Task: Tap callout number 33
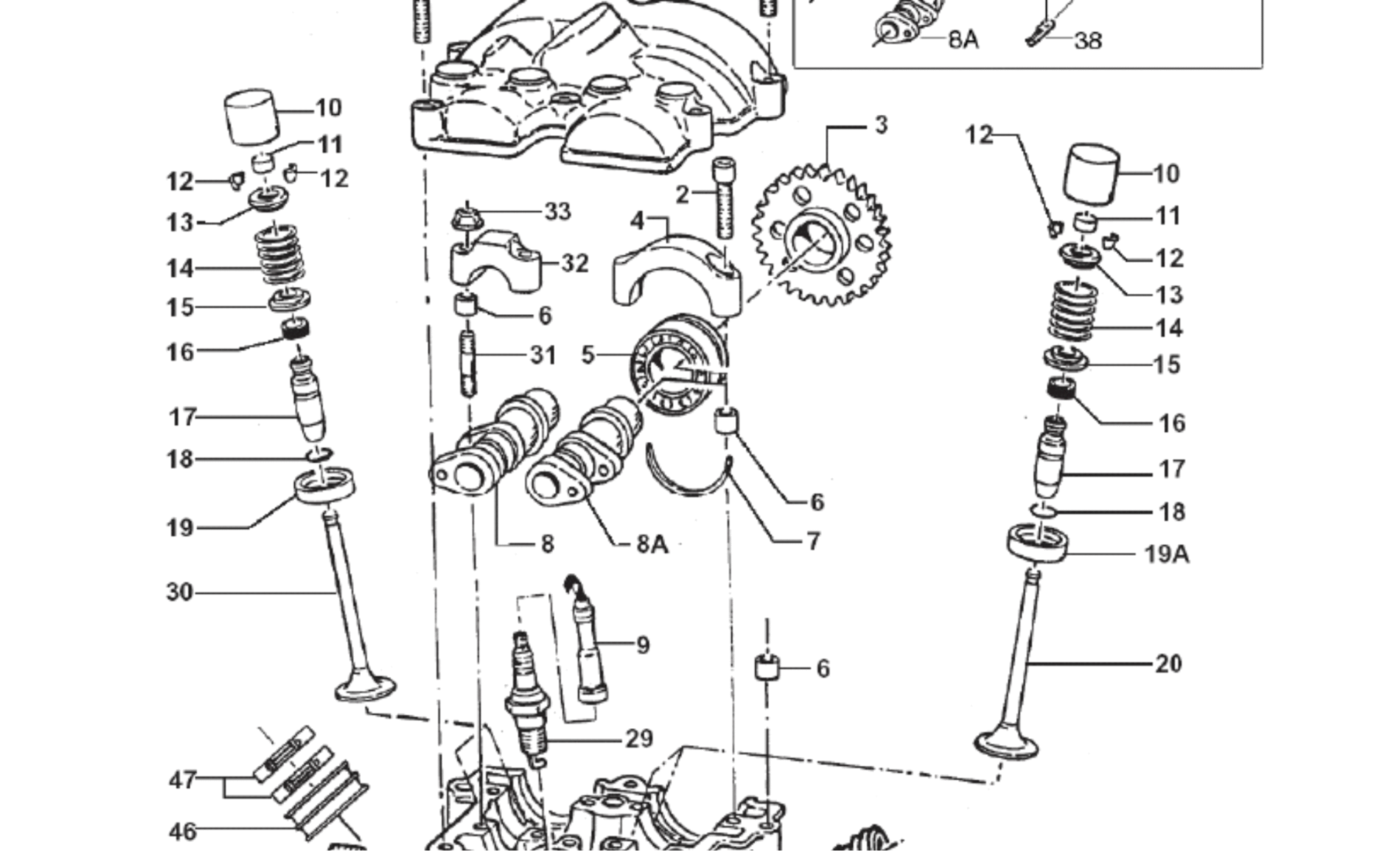(x=557, y=211)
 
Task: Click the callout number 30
(x=180, y=593)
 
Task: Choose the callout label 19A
(x=1166, y=554)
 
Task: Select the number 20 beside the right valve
(x=1169, y=663)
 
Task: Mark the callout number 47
(x=183, y=780)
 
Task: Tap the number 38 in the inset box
(x=1088, y=41)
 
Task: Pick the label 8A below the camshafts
(x=652, y=544)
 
